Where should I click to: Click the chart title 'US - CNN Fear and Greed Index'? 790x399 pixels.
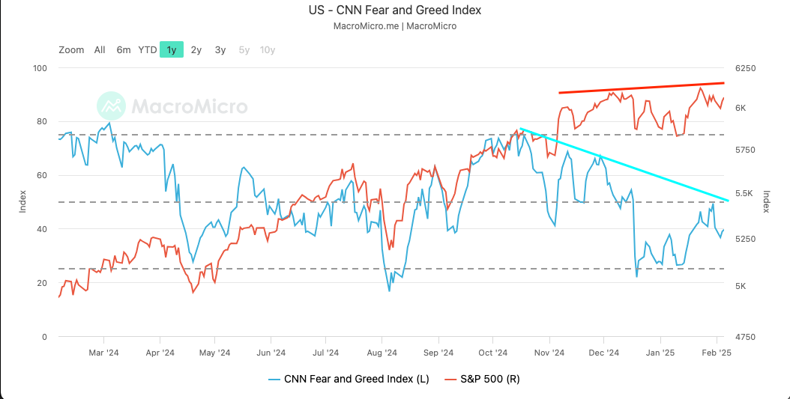[x=394, y=10]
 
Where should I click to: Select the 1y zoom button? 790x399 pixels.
[x=172, y=50]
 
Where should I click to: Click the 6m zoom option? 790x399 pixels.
[x=124, y=50]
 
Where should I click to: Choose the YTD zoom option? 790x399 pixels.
[x=148, y=50]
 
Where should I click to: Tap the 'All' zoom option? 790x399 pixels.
[x=100, y=50]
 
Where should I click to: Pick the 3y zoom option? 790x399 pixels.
[x=220, y=50]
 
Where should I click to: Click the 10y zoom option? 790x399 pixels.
[x=268, y=50]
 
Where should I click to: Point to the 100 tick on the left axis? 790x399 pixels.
[x=40, y=68]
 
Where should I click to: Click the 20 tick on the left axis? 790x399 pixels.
[x=43, y=283]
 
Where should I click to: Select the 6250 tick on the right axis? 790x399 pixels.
[x=746, y=68]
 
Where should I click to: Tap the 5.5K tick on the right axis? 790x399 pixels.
[x=746, y=193]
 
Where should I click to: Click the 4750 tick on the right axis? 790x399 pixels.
[x=746, y=337]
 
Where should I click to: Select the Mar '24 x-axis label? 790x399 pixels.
[x=103, y=352]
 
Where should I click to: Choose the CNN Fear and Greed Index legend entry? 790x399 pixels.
[x=349, y=379]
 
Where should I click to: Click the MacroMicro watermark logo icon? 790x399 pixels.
[x=112, y=106]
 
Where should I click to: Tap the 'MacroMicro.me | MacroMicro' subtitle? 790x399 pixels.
[x=394, y=26]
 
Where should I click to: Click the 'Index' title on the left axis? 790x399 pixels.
[x=22, y=202]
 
